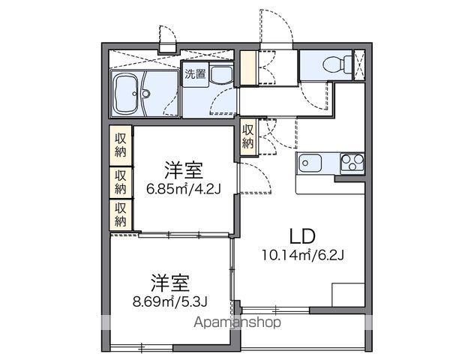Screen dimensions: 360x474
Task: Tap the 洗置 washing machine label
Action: point(195,74)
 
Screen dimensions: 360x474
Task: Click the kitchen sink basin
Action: point(310,161)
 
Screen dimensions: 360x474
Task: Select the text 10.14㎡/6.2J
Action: point(303,253)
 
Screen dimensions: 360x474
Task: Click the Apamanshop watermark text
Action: point(239,323)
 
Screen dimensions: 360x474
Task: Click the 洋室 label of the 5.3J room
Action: point(169,283)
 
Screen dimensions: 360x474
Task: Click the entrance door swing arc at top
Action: point(271,30)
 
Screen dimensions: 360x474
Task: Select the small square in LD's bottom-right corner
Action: point(346,295)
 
